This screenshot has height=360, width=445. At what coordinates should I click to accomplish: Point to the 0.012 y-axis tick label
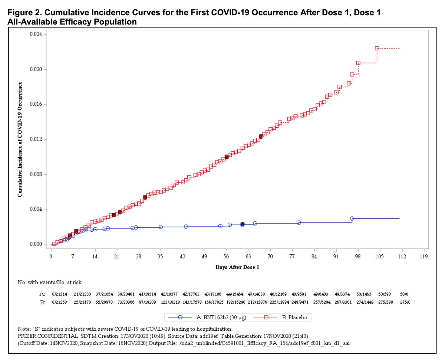pyautogui.click(x=36, y=139)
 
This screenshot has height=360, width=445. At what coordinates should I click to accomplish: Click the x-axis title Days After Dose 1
pyautogui.click(x=238, y=267)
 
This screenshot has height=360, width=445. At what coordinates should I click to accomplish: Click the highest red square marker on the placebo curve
pyautogui.click(x=377, y=48)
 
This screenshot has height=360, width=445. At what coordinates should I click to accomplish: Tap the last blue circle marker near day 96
pyautogui.click(x=352, y=219)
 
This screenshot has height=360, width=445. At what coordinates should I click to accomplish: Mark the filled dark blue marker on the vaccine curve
pyautogui.click(x=242, y=224)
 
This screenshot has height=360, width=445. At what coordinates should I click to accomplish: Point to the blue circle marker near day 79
pyautogui.click(x=299, y=222)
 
